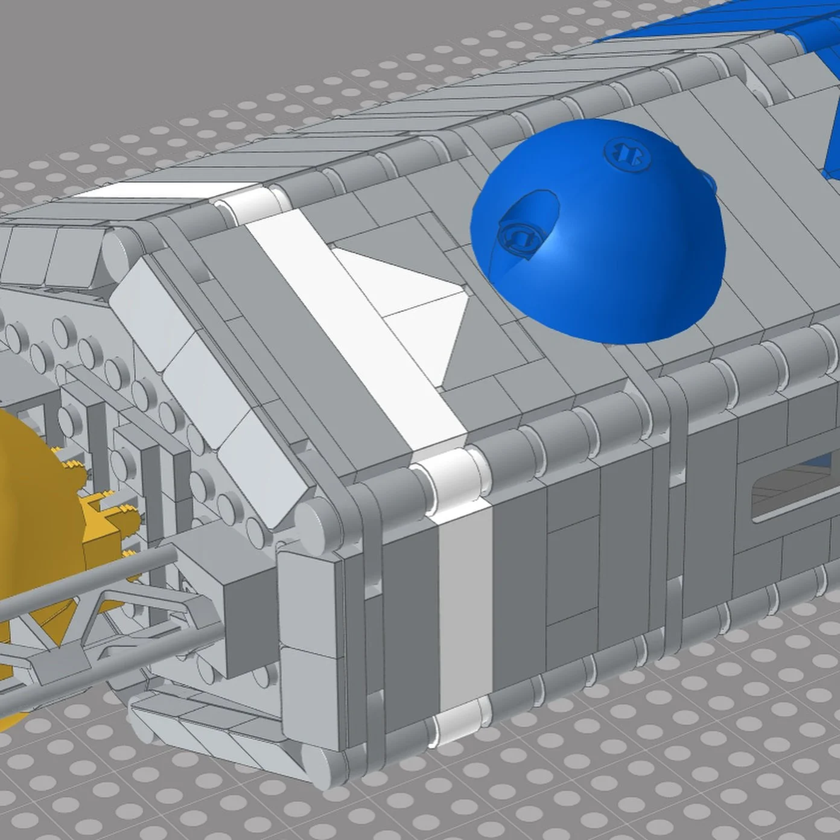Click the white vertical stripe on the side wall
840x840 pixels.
(x=465, y=603)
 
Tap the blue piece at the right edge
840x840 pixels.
(x=833, y=139)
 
